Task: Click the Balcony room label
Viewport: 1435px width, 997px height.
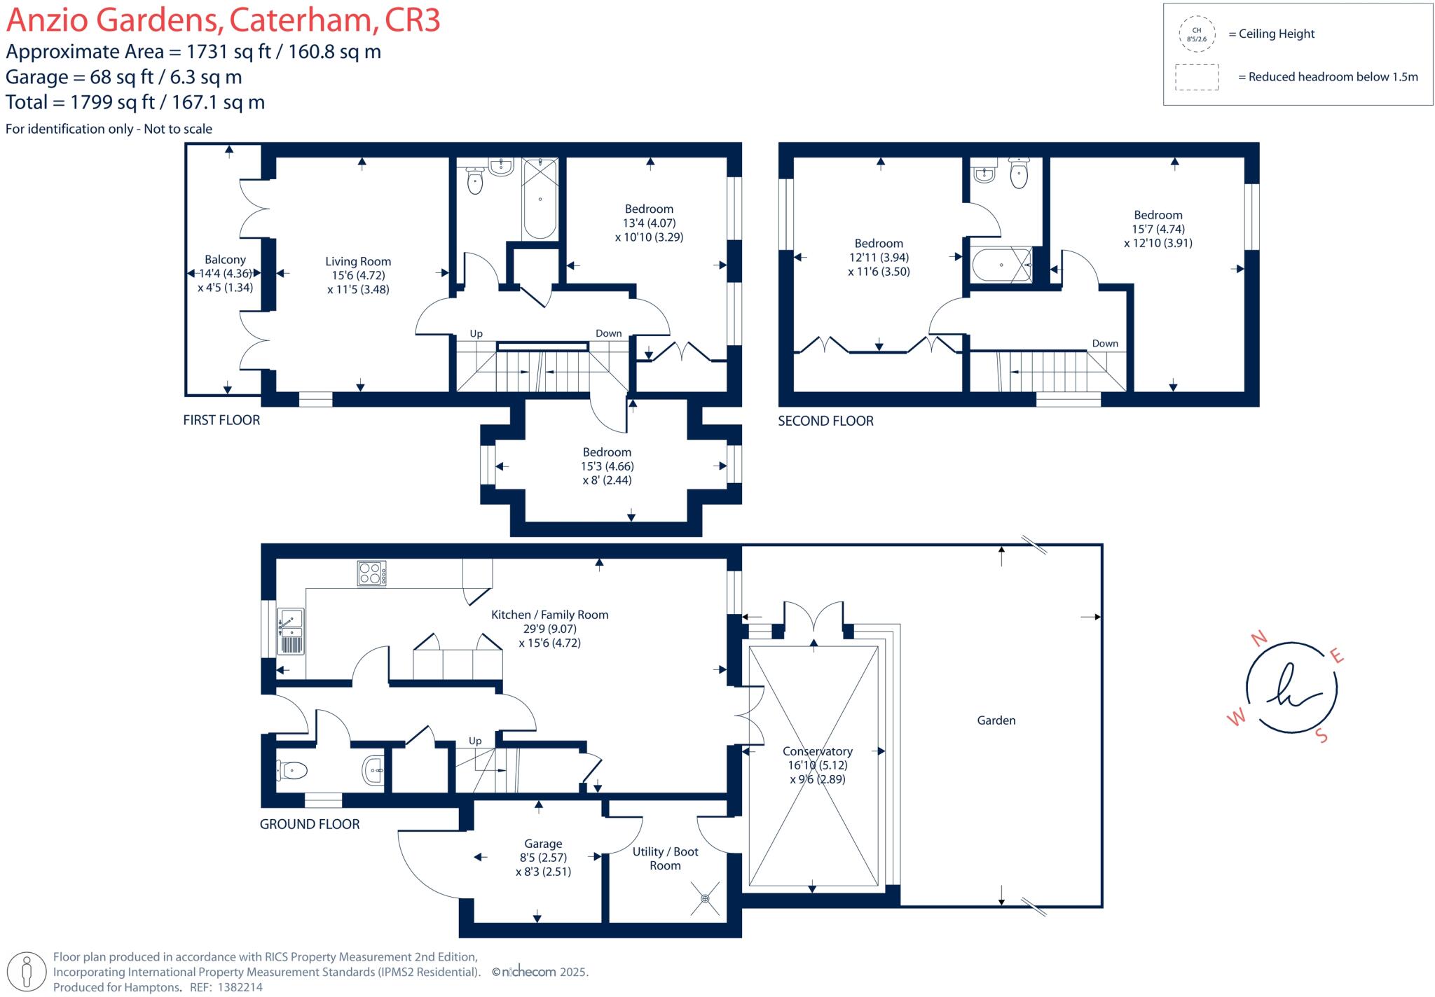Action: point(225,260)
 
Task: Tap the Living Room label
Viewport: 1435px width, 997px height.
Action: point(358,262)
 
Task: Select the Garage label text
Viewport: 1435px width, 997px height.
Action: point(543,844)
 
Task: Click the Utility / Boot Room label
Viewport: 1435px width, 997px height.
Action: point(665,858)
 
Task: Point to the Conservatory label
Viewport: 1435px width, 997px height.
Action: point(817,751)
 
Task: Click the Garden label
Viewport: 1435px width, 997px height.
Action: point(996,720)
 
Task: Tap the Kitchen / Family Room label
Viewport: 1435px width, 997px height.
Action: point(549,615)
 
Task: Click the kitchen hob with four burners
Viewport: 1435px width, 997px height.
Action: point(371,573)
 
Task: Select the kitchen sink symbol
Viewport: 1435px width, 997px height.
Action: point(290,631)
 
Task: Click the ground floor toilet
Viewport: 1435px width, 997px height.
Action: point(293,771)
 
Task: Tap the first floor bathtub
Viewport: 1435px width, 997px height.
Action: point(540,200)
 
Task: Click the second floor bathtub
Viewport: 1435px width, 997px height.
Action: point(1002,265)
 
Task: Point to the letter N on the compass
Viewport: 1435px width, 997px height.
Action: point(1259,638)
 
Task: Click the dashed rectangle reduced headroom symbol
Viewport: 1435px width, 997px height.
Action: point(1197,77)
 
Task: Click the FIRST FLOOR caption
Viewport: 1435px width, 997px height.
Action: point(221,420)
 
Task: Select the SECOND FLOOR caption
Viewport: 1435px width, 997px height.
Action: point(825,421)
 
